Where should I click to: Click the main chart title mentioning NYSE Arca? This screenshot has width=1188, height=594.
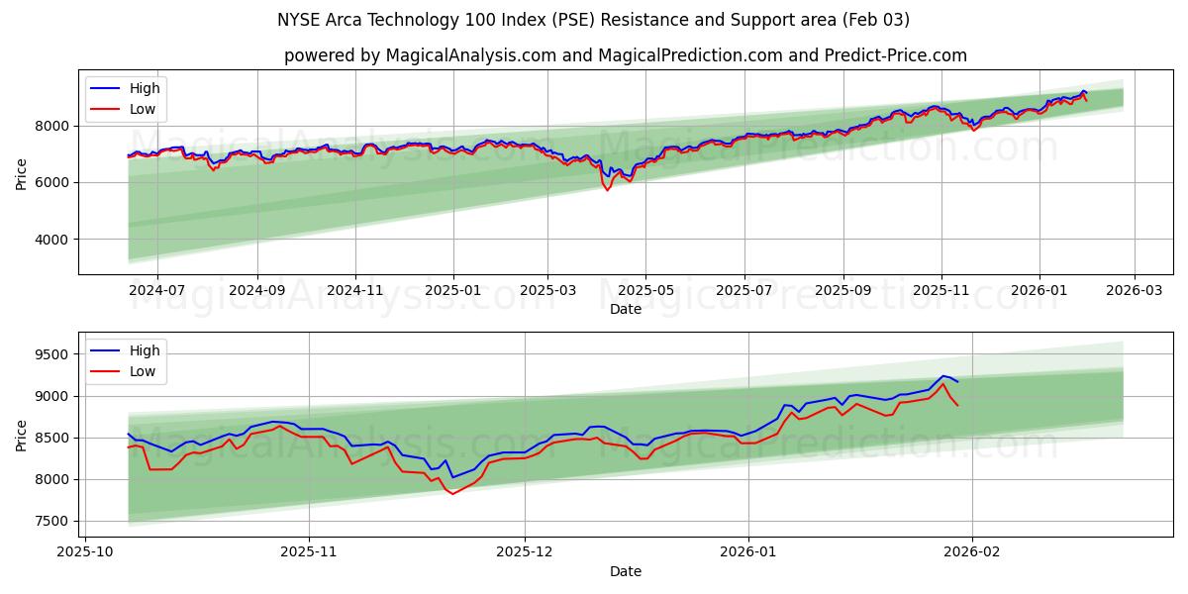coord(594,20)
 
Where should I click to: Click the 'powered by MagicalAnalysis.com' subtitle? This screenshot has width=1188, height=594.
coord(625,55)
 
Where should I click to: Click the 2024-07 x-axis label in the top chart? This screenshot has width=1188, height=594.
coord(158,291)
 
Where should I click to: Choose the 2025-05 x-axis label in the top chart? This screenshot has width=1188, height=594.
coord(645,291)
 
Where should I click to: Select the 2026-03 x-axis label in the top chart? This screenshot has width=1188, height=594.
coord(1134,291)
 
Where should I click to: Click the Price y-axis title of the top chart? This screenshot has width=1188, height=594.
coord(22,172)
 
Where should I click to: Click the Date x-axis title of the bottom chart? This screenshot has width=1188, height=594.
coord(625,571)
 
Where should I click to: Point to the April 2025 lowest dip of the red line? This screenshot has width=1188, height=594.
coord(607,189)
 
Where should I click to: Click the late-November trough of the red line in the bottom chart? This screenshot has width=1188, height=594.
coord(453,493)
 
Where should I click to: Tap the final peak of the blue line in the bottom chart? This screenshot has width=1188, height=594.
coord(943,376)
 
